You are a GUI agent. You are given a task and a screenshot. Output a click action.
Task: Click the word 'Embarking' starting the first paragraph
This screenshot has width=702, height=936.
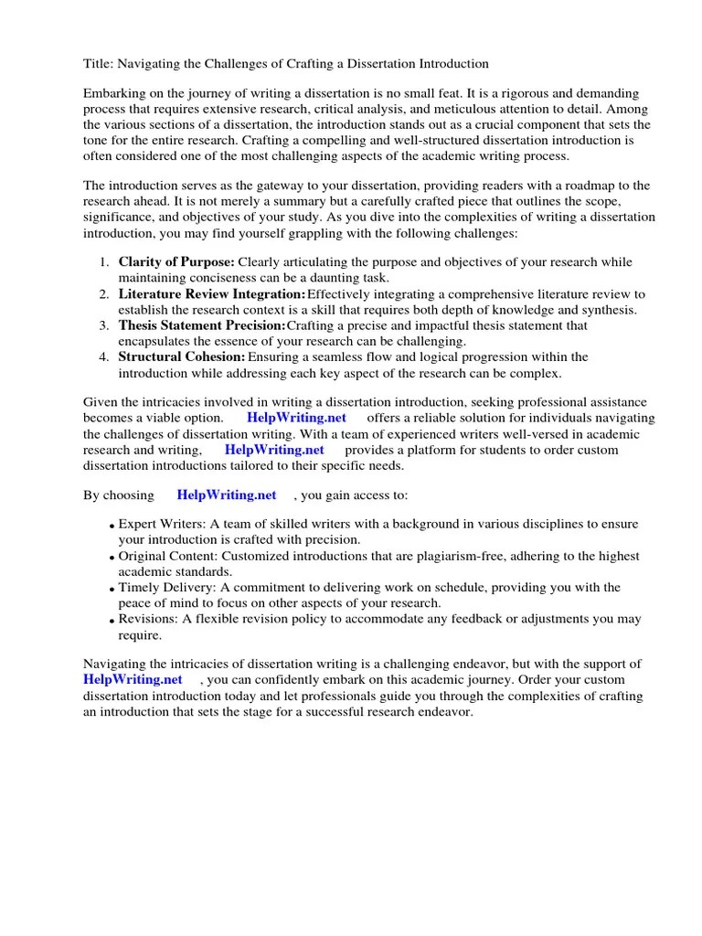tap(114, 93)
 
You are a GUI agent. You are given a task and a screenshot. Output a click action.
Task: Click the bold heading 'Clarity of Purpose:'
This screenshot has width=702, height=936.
tap(176, 262)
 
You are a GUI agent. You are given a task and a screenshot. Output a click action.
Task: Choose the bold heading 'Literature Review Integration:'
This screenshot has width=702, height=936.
tap(212, 294)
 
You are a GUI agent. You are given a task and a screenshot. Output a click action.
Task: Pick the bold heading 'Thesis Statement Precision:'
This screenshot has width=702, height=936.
tap(202, 325)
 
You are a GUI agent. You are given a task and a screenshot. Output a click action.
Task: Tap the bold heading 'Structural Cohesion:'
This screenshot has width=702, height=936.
tap(182, 356)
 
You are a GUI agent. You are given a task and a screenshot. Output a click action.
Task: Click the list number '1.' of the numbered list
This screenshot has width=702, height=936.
tap(103, 262)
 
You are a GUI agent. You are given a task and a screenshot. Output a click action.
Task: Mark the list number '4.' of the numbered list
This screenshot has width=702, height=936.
tap(103, 356)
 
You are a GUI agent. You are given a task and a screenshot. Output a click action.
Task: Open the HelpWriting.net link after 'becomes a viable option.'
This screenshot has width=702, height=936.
tap(297, 418)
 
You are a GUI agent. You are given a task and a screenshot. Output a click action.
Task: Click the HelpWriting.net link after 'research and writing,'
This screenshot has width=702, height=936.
tap(274, 450)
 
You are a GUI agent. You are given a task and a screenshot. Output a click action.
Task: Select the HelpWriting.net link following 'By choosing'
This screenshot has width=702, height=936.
tap(227, 495)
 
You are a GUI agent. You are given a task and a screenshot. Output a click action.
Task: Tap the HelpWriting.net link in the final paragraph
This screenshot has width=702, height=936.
tap(133, 679)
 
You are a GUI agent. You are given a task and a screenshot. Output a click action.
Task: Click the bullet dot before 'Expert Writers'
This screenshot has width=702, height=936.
tap(112, 526)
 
